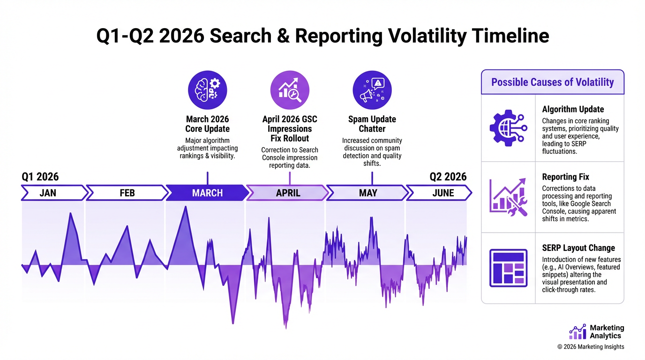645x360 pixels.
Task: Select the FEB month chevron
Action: (127, 193)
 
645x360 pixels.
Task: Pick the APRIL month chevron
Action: (287, 193)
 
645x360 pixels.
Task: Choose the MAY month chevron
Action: (367, 193)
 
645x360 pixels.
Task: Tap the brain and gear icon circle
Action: (207, 90)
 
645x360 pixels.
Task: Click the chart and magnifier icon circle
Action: (290, 90)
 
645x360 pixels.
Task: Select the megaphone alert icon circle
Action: (372, 90)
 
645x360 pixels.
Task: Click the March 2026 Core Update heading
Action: (207, 124)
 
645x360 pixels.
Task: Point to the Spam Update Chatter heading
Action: (372, 124)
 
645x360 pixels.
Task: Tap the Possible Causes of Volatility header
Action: (552, 82)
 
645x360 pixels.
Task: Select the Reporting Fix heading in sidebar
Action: (565, 177)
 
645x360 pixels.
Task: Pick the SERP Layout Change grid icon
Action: (508, 268)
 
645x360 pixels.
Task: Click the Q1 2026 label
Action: (40, 177)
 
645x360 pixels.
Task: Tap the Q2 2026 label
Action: (448, 177)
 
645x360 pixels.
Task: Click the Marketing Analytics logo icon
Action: (577, 332)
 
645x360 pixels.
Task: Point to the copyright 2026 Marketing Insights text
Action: (591, 347)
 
